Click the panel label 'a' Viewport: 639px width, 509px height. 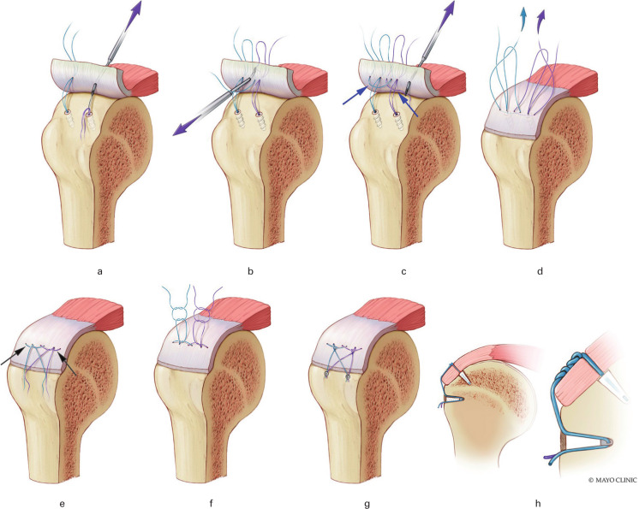click(100, 272)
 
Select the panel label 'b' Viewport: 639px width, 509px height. click(249, 272)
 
